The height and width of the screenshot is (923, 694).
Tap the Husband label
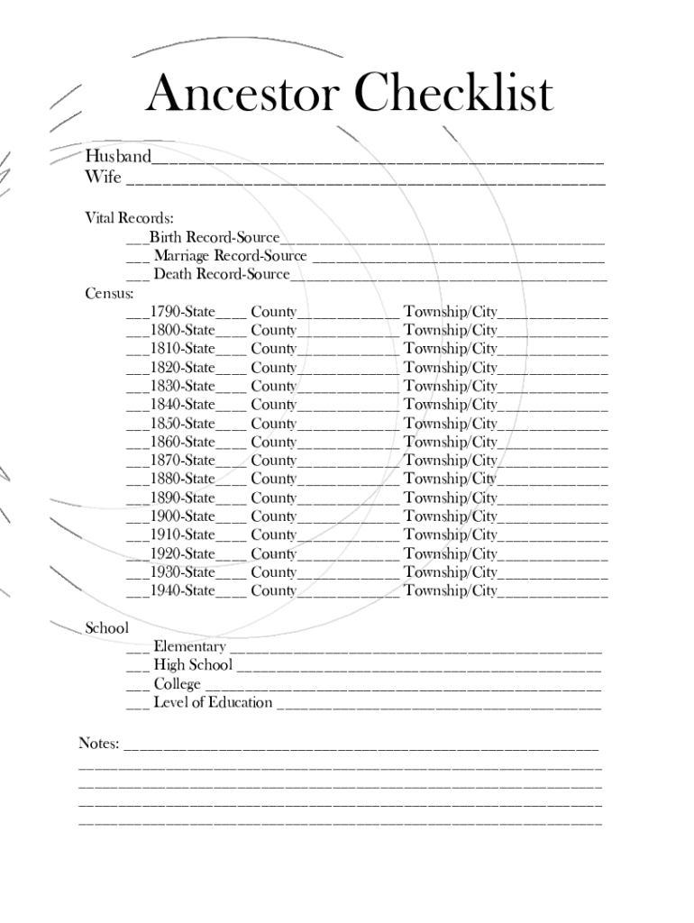point(117,157)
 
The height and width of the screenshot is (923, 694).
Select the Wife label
point(103,177)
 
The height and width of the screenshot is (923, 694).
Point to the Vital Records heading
point(129,218)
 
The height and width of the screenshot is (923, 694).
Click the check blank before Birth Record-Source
point(137,240)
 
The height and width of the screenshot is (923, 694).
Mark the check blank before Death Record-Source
point(137,277)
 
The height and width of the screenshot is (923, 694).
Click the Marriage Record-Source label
point(230,256)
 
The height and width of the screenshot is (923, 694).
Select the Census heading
point(109,293)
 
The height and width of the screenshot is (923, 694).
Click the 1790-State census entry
point(182,312)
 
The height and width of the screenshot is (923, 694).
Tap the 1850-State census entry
point(182,424)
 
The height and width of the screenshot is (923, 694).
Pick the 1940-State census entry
point(182,590)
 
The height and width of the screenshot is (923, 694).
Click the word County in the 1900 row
point(273,516)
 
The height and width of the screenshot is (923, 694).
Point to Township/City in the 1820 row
point(450,368)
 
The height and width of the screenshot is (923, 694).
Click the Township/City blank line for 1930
point(552,575)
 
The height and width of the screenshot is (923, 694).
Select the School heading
point(106,628)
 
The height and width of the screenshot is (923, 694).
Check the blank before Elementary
point(137,649)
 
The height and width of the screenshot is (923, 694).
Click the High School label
point(193,665)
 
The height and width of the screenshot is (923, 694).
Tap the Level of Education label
point(213,702)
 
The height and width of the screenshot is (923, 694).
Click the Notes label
point(99,744)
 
